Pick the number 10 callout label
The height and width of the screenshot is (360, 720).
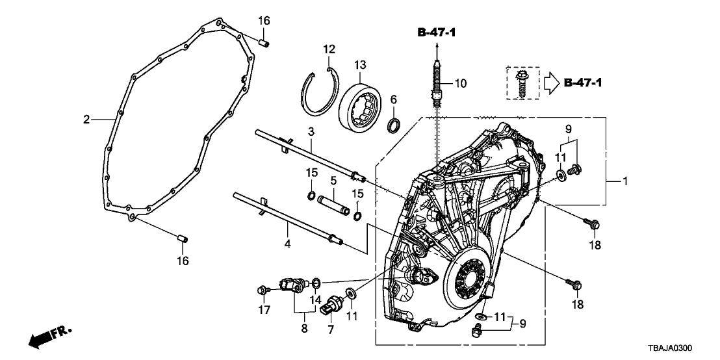pos(460,84)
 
